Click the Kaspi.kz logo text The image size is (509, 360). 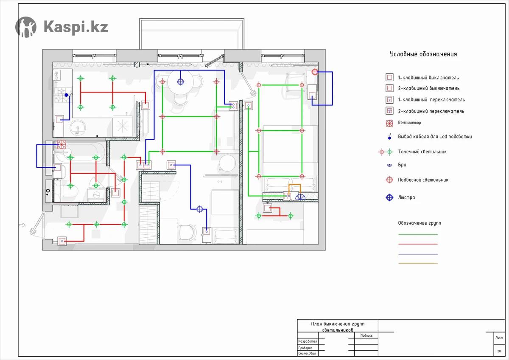[76, 27]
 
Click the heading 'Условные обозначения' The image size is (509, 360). [423, 54]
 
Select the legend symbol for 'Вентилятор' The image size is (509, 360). [389, 123]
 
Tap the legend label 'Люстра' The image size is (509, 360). [406, 197]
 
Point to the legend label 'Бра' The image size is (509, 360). [402, 165]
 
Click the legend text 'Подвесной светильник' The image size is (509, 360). [423, 180]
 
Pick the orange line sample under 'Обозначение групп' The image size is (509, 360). [418, 263]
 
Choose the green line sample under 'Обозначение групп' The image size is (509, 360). [418, 234]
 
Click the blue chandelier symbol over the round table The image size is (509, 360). [180, 82]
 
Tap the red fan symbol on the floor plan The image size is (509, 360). [62, 144]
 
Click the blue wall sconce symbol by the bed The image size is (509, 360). [300, 197]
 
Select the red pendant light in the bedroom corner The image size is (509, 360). [315, 72]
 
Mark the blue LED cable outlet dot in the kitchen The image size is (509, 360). [66, 95]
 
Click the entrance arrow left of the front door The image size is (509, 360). [22, 225]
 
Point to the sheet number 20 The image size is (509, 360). [499, 351]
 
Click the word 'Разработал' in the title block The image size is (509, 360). [308, 341]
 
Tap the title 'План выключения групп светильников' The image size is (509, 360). [338, 326]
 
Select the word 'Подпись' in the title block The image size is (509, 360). [366, 335]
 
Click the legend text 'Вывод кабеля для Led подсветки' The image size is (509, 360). [435, 136]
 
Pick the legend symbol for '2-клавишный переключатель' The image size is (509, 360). [389, 111]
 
